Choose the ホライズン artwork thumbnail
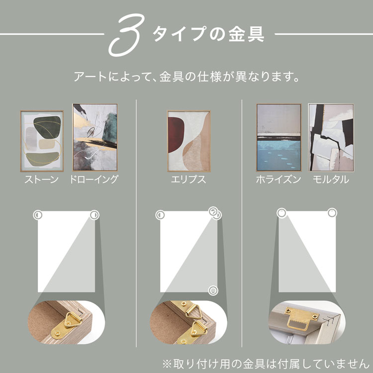(x=279, y=137)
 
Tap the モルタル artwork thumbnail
(x=330, y=137)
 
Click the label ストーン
(x=42, y=180)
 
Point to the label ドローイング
(x=94, y=180)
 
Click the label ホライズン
(x=279, y=180)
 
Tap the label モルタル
(x=331, y=180)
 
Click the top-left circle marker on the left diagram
(x=37, y=215)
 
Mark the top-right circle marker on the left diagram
(x=94, y=215)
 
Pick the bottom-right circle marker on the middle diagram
(x=213, y=290)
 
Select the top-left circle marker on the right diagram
(x=281, y=213)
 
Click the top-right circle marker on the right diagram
(x=332, y=213)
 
